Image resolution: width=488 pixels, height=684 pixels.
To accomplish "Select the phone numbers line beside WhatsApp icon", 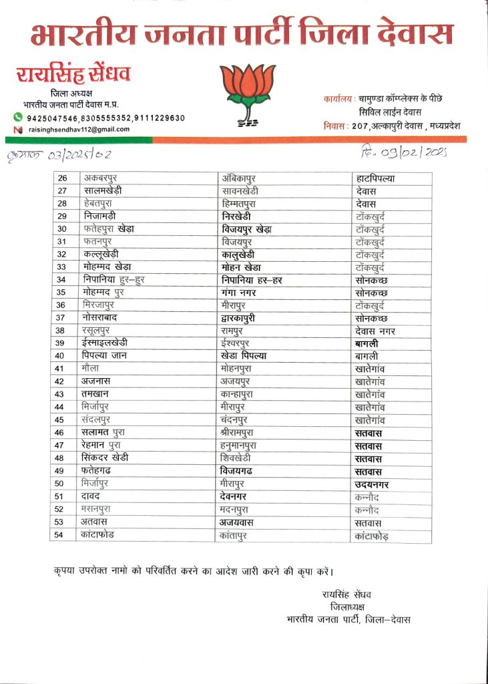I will click(105, 118).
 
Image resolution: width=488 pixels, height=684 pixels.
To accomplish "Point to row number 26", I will click(63, 178).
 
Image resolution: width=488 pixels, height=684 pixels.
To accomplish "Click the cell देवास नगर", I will click(376, 330).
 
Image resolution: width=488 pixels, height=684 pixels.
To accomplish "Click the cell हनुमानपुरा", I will click(242, 445).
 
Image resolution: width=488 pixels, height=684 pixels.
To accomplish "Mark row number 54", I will click(63, 534).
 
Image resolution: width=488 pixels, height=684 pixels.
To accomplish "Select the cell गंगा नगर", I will click(241, 292).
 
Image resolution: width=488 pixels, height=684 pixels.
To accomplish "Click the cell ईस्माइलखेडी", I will click(111, 343).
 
